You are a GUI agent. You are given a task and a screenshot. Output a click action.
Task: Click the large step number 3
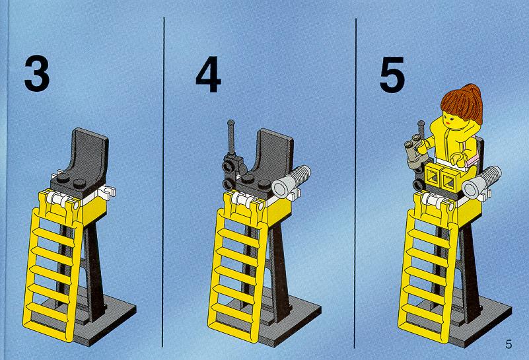[37, 74]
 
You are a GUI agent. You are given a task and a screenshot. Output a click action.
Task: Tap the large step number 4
[208, 74]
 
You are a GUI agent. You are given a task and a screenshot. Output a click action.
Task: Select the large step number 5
[392, 74]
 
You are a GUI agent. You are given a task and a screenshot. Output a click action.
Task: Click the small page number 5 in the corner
[509, 344]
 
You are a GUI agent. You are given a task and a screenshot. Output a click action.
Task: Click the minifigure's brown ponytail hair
[463, 103]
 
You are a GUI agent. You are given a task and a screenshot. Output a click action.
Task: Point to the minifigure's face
[450, 119]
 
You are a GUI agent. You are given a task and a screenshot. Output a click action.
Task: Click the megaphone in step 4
[291, 181]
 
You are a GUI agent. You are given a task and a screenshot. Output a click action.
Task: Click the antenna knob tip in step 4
[231, 123]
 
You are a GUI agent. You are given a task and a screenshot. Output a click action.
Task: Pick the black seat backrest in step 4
[274, 152]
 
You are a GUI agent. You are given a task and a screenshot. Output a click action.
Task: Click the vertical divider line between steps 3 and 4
[163, 182]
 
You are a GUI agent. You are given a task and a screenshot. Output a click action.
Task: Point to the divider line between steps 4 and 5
[355, 183]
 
